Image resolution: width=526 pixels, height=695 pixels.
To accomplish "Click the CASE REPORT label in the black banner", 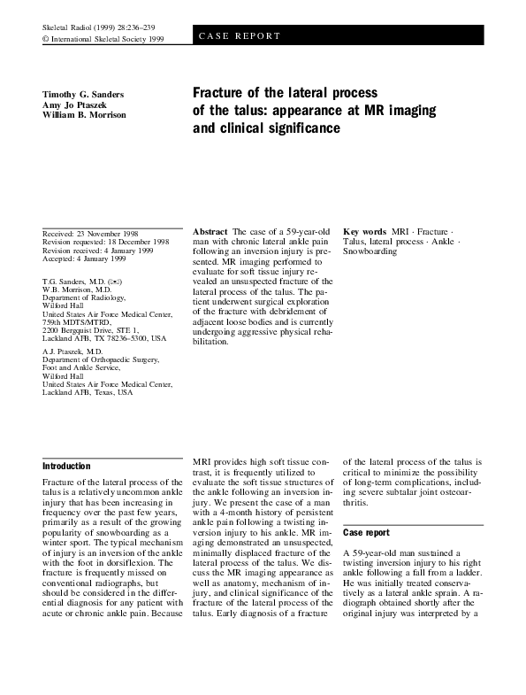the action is (x=239, y=36).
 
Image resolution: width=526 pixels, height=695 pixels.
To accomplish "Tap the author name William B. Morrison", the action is (x=84, y=115).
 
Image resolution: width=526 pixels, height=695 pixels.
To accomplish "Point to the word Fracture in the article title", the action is (x=220, y=93).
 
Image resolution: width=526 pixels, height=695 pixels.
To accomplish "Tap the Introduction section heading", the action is (x=67, y=467).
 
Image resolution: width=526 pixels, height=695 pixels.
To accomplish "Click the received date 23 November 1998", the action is (x=96, y=233).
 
